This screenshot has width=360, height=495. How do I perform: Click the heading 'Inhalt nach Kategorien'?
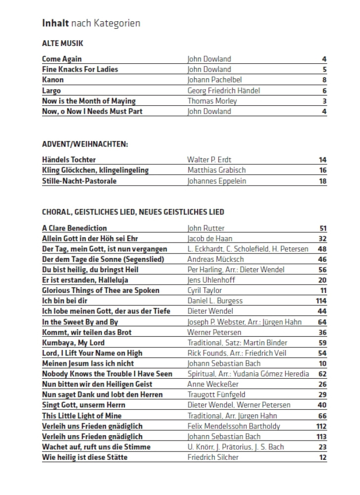(x=91, y=23)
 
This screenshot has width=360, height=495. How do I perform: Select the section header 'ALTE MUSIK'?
(x=62, y=44)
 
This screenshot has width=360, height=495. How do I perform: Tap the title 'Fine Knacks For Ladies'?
(x=80, y=69)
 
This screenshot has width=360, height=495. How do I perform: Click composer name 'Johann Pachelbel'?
(x=214, y=80)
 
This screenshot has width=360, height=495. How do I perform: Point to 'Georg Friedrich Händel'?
(x=223, y=91)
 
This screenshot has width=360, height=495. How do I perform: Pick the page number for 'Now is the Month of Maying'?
(x=324, y=101)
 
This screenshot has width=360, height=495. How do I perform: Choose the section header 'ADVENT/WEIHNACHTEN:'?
(x=85, y=145)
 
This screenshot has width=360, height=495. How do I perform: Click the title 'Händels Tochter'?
(x=69, y=160)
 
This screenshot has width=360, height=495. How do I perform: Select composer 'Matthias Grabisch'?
(x=216, y=170)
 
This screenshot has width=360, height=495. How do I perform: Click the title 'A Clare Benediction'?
(x=74, y=228)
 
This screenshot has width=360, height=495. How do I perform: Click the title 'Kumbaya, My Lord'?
(x=73, y=343)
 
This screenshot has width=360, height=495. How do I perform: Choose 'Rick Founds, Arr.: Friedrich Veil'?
(x=237, y=353)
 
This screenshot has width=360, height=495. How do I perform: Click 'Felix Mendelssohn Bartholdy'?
(x=234, y=426)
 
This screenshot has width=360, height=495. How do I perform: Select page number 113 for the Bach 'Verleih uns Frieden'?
(x=321, y=437)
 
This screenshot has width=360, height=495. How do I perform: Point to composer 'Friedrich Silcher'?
(x=212, y=457)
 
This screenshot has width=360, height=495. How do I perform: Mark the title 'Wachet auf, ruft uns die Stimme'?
(x=96, y=447)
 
